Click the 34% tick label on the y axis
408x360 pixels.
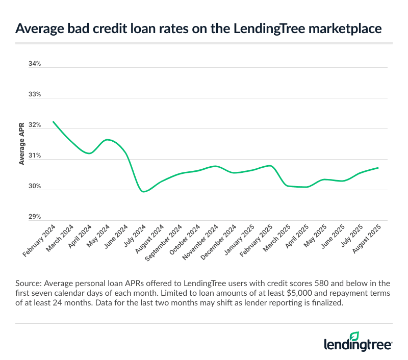point(34,64)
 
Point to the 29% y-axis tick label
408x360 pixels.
point(34,217)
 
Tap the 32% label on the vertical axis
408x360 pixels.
point(34,125)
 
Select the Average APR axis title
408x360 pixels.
point(22,144)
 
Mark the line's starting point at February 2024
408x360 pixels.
point(53,121)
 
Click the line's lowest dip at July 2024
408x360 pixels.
point(144,192)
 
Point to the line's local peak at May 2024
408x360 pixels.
point(107,139)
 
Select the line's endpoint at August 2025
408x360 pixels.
point(378,168)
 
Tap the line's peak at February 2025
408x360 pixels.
point(270,166)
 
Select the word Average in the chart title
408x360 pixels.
point(41,29)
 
